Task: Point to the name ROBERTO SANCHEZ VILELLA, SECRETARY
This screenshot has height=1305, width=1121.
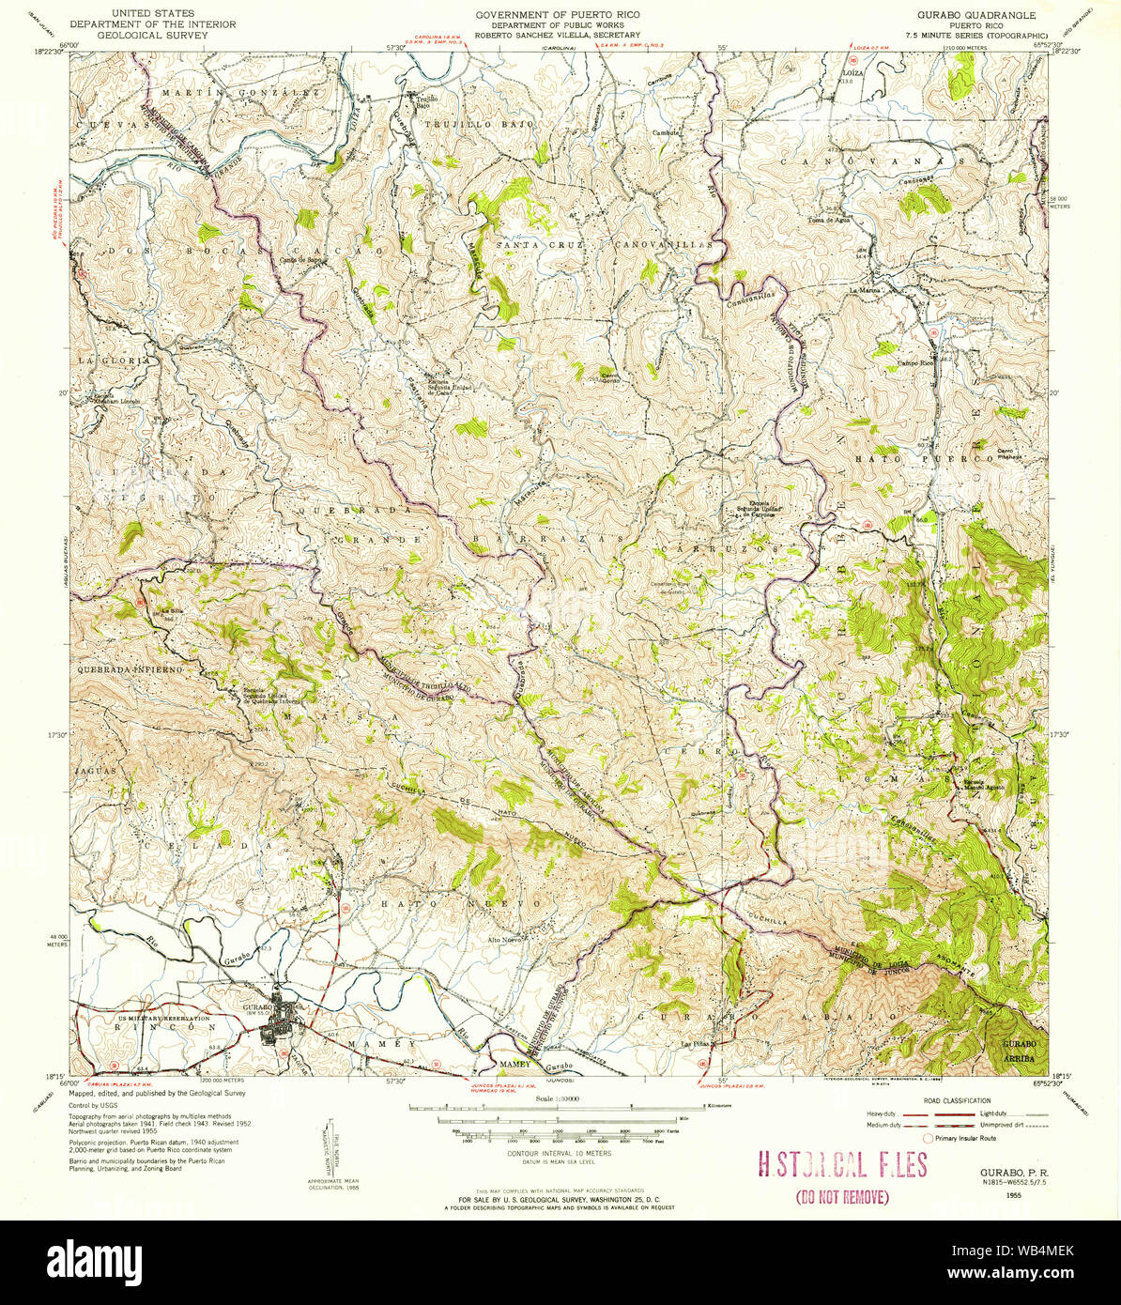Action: click(x=545, y=35)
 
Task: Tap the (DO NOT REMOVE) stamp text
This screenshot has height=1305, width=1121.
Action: click(x=841, y=1197)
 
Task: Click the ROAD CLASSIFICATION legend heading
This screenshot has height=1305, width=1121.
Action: click(x=957, y=1099)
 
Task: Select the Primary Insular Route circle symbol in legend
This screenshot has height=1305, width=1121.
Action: click(x=929, y=1138)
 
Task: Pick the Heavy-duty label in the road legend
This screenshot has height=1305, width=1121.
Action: click(x=881, y=1113)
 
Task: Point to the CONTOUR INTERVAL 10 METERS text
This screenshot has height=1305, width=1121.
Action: click(x=559, y=1152)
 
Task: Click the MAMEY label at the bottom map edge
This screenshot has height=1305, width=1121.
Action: click(x=514, y=1065)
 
